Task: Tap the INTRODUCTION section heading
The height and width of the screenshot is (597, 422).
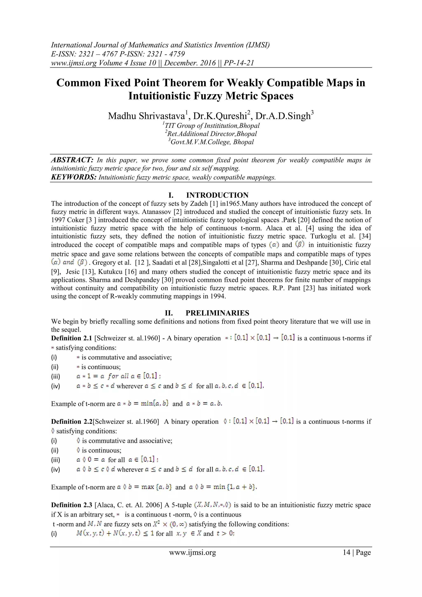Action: pos(217,195)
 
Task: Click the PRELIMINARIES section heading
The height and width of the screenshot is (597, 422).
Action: pos(217,313)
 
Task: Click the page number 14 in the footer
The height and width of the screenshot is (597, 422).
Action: pos(346,552)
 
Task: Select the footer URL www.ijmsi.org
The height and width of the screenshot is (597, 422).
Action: pos(192,552)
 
